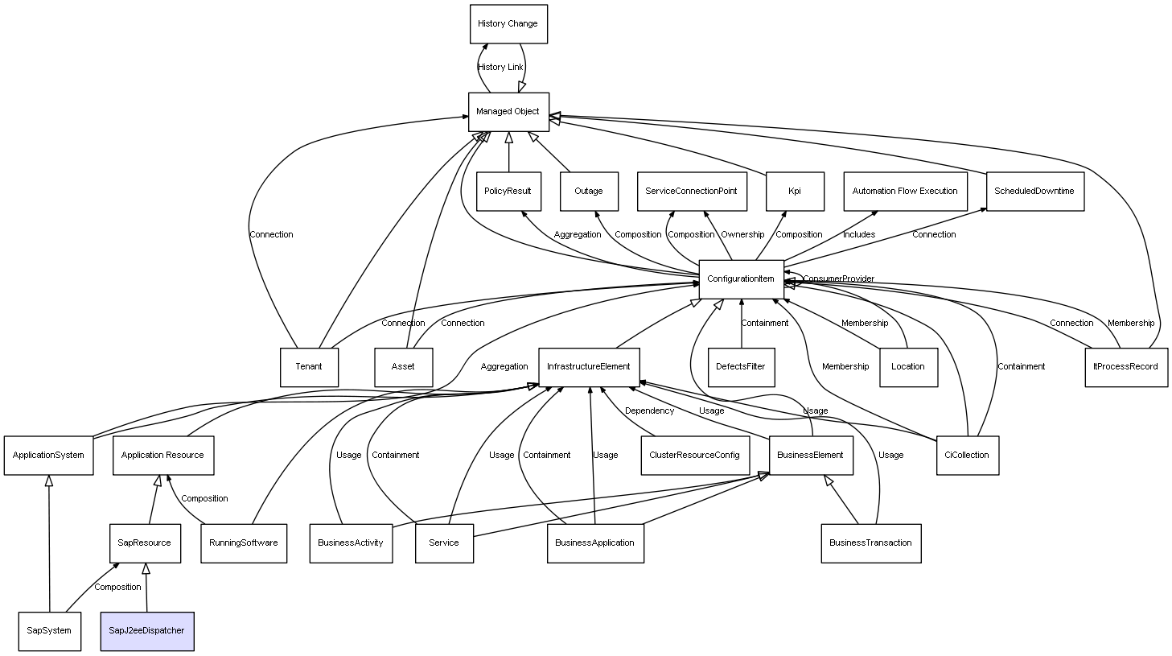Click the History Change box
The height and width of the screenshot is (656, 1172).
tap(508, 24)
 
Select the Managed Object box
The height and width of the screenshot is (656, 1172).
tap(508, 112)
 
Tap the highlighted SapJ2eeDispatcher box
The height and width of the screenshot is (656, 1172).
tap(147, 631)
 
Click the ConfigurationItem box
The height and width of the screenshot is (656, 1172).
tap(742, 279)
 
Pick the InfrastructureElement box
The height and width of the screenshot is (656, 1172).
tap(589, 368)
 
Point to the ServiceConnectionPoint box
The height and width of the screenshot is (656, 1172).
tap(692, 192)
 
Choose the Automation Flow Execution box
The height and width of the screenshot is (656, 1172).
tap(905, 192)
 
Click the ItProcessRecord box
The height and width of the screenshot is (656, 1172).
tap(1126, 368)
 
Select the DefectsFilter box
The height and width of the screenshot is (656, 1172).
tap(742, 368)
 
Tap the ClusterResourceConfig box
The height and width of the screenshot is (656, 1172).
tap(695, 456)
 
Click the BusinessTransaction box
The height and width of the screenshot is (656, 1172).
tap(871, 543)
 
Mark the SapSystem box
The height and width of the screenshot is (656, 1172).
tap(50, 631)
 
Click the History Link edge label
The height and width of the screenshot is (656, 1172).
tap(500, 67)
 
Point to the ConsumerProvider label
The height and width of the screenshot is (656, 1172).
tap(839, 279)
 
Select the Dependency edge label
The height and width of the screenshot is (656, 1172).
tap(649, 411)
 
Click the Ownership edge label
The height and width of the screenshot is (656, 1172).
tap(742, 234)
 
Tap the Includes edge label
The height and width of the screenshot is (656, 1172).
tap(859, 234)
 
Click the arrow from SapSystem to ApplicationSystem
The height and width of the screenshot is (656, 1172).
tap(49, 543)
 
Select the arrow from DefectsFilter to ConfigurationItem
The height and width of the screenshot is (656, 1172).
tap(742, 324)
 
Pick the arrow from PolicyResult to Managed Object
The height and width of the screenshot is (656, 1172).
tap(508, 152)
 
